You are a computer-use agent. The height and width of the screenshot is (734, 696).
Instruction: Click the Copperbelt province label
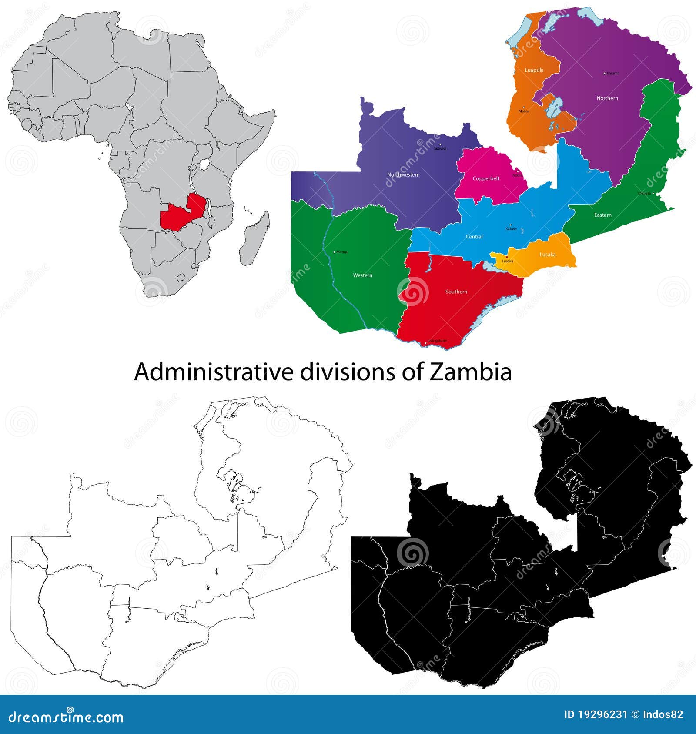point(486,178)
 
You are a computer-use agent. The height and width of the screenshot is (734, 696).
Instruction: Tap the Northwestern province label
point(403,174)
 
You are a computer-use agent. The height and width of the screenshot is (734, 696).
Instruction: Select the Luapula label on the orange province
point(534,70)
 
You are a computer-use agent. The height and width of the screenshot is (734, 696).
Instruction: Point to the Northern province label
point(607,98)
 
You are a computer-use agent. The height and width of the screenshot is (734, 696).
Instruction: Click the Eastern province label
point(602,215)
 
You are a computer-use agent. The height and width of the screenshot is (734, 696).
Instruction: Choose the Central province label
point(474,237)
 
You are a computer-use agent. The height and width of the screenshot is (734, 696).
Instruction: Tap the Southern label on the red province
point(456,292)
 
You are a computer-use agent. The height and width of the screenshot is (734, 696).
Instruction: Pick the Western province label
point(362,275)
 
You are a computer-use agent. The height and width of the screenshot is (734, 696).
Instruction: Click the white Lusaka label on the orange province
point(547,255)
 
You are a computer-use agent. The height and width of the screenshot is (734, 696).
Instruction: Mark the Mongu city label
point(342,252)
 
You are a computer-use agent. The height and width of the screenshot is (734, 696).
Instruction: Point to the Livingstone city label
point(437,341)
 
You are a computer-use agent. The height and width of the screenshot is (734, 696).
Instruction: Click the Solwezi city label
point(440,148)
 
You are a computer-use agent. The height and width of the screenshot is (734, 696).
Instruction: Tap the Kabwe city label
point(511,229)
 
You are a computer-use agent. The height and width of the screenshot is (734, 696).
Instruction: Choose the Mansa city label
point(524,111)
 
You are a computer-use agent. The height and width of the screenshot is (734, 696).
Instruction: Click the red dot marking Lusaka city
point(506,257)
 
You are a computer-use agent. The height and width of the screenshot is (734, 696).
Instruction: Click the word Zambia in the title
point(470,372)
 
